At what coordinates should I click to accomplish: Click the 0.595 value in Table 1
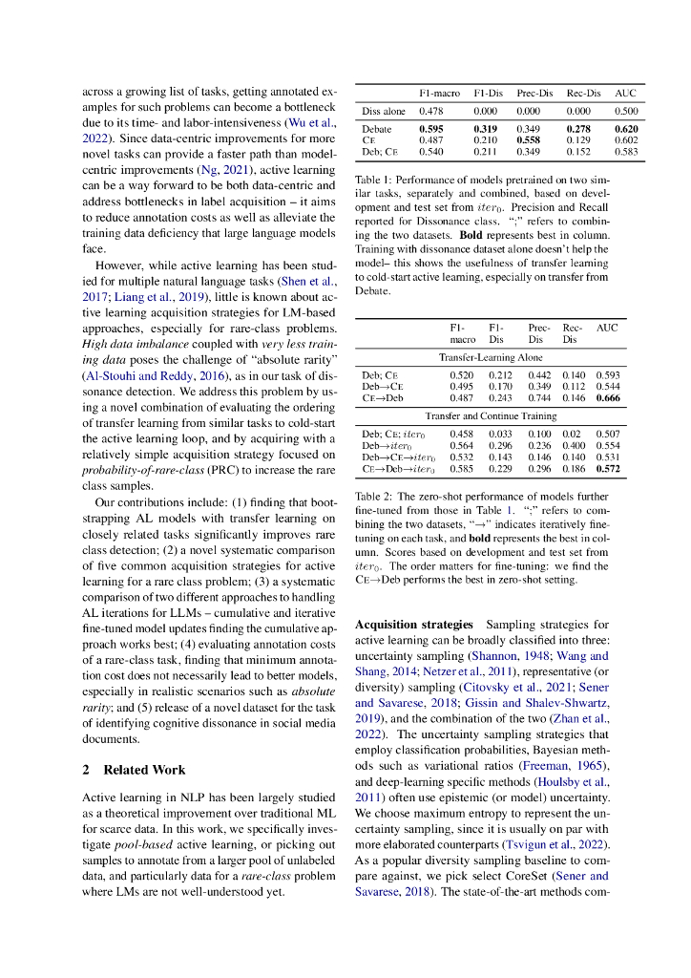tap(431, 128)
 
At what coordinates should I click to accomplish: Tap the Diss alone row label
tap(384, 111)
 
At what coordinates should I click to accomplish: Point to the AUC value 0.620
tap(626, 128)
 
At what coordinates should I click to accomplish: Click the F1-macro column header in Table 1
tap(439, 93)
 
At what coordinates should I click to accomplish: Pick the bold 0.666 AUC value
tap(607, 396)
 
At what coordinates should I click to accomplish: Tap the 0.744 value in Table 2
tap(539, 396)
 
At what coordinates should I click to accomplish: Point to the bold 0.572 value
tap(607, 469)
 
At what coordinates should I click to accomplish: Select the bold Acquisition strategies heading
tap(414, 624)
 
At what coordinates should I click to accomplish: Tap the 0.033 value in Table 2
tap(500, 434)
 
